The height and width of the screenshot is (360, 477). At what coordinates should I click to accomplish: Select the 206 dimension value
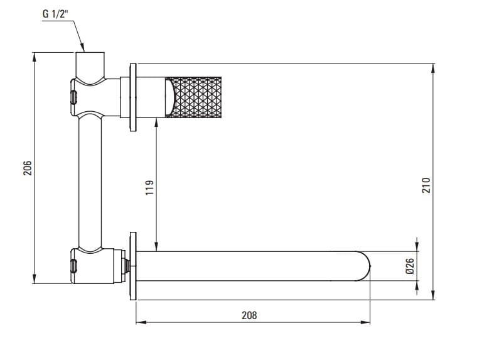28,168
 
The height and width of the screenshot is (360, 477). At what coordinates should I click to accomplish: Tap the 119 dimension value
149,188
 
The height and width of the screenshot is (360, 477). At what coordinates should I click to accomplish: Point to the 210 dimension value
427,185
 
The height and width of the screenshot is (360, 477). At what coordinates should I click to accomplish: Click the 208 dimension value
249,315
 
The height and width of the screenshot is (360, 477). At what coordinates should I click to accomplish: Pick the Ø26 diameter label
410,266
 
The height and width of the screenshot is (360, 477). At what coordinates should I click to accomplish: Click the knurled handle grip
194,97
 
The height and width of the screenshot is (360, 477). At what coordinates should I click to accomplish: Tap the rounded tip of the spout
365,266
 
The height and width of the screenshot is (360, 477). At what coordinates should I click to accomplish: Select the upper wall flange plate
133,97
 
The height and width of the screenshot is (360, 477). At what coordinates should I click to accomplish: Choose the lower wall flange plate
133,266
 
